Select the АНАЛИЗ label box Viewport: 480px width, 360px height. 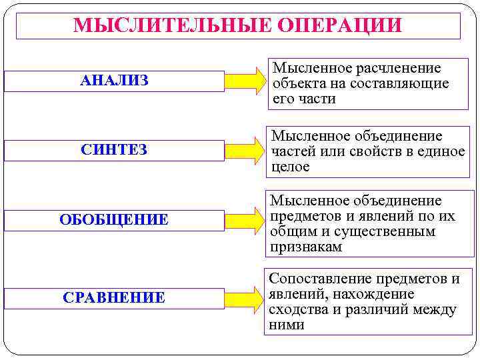[114, 81]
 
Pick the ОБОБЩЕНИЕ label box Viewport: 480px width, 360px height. [114, 220]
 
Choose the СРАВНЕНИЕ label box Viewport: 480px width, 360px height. [114, 297]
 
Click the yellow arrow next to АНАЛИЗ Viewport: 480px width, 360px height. [245, 81]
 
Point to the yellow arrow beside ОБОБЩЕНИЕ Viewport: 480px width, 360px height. [245, 220]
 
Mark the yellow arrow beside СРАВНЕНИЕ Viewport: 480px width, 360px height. [245, 297]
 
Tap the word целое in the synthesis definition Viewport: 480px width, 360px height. [290, 167]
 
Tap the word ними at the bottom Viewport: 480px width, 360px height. [286, 325]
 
